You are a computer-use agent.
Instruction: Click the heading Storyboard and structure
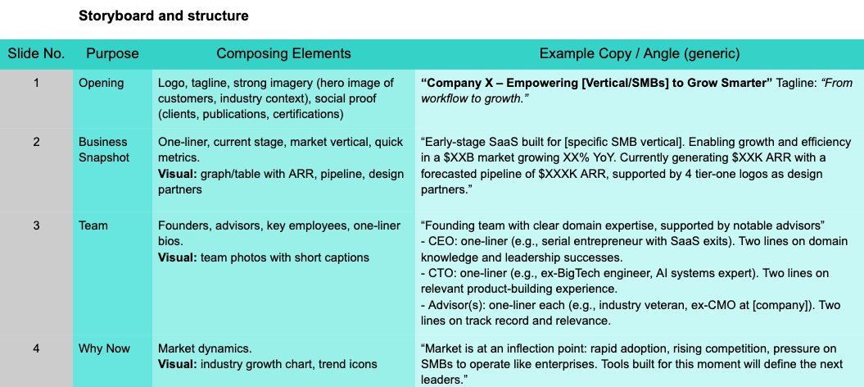tap(164, 16)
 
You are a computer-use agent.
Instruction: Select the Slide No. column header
tap(36, 53)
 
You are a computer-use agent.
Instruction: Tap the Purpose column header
tap(112, 54)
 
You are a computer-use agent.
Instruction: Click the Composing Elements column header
tap(284, 53)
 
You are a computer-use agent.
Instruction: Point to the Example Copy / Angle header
tap(639, 54)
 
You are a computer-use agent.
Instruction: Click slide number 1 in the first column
tap(36, 84)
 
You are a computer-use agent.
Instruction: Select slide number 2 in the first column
tap(36, 142)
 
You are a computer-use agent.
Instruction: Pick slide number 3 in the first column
tap(36, 225)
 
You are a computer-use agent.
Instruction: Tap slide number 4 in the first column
tap(36, 349)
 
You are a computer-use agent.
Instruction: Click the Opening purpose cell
tap(102, 84)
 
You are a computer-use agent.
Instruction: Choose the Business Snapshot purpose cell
tap(103, 150)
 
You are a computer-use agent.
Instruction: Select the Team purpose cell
tap(93, 225)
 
